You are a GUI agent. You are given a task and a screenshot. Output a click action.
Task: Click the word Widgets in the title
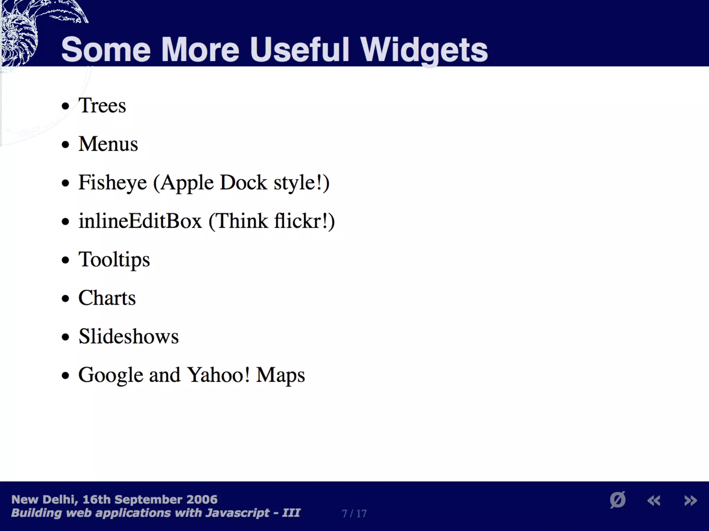click(424, 50)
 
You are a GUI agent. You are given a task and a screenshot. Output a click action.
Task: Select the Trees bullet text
click(102, 105)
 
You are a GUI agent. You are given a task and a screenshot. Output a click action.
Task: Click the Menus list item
click(108, 144)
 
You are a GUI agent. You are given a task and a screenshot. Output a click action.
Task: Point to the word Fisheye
click(113, 183)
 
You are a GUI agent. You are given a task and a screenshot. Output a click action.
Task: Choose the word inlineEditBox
click(140, 221)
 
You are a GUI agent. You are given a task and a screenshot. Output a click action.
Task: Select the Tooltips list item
click(114, 260)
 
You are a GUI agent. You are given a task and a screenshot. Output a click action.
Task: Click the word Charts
click(107, 298)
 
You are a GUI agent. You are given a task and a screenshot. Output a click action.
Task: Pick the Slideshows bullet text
click(128, 337)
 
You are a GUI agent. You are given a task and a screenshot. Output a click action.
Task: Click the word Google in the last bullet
click(110, 375)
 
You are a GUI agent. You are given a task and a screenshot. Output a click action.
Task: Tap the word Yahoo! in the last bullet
click(218, 375)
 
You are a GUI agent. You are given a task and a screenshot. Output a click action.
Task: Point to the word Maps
click(280, 375)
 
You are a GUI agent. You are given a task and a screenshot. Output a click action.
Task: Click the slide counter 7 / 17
click(354, 513)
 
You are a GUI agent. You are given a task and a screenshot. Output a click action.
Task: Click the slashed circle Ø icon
click(618, 500)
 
